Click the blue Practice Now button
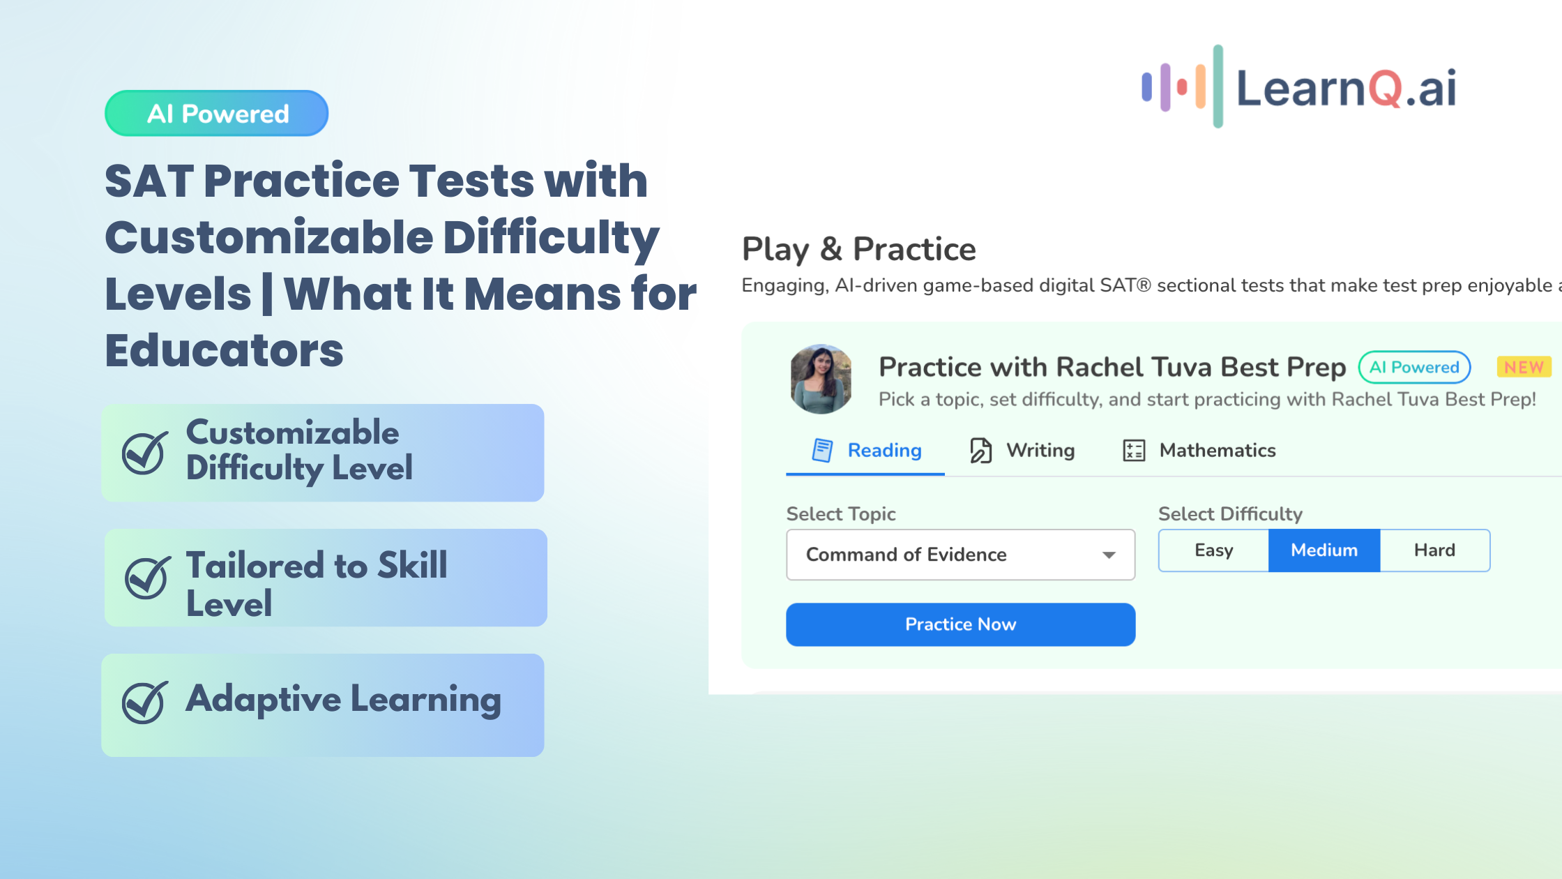coord(960,624)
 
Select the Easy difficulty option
coord(1213,550)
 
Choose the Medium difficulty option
coord(1324,550)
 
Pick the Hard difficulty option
coord(1434,550)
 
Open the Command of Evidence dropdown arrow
coord(1109,555)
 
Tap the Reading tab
coord(866,451)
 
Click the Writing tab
coord(1022,451)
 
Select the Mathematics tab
coord(1199,451)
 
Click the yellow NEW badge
coord(1524,367)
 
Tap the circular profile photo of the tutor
coord(821,379)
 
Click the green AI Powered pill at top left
coord(217,113)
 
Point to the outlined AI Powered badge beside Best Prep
coord(1414,367)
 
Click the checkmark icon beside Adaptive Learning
coord(144,702)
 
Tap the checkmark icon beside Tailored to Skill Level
coord(147,578)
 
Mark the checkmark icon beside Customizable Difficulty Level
coord(144,453)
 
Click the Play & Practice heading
coord(858,249)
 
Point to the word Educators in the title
coord(224,350)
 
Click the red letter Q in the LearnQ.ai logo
coord(1384,89)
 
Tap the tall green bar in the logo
coord(1218,87)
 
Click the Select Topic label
coord(841,514)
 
